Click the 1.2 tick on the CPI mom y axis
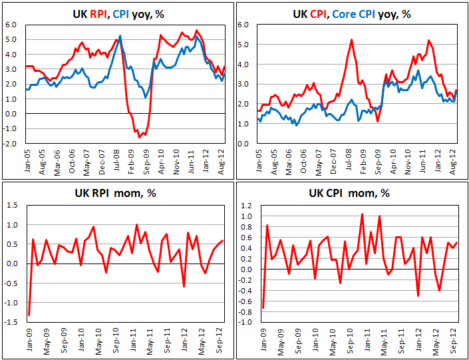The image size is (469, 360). coord(247,204)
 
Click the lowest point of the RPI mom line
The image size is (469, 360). coord(29,315)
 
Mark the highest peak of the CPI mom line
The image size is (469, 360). coord(362,214)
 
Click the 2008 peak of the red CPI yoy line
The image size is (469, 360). coord(351,40)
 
